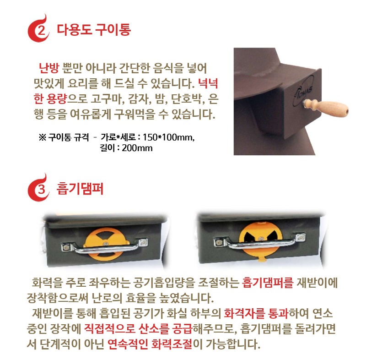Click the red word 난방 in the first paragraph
coord(49,69)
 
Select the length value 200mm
coord(137,148)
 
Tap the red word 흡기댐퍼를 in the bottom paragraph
coord(268,283)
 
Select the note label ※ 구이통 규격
coord(64,137)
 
